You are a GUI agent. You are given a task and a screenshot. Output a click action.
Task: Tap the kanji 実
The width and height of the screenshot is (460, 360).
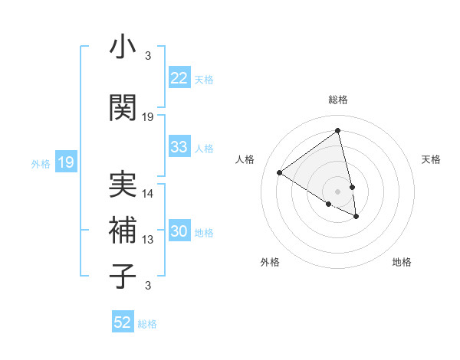[122, 185]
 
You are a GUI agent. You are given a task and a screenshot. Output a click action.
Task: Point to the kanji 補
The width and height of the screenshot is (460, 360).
[122, 231]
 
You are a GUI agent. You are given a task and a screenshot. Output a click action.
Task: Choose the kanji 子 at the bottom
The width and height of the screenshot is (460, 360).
[122, 276]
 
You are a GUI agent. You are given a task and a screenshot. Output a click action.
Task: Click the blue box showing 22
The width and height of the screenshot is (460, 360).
[179, 78]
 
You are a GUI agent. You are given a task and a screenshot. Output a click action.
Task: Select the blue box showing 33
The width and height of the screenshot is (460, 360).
[179, 147]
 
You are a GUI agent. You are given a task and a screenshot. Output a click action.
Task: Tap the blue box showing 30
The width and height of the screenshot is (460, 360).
[179, 232]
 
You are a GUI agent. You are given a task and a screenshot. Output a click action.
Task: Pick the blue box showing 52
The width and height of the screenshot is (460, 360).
[123, 322]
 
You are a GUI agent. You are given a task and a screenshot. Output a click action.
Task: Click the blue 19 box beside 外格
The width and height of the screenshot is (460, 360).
[65, 162]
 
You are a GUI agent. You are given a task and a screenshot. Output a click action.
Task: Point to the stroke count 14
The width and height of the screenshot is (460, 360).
[148, 194]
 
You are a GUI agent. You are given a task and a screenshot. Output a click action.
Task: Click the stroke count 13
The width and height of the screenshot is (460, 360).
[148, 240]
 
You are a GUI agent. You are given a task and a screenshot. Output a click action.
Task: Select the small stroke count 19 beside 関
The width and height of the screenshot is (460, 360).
[148, 116]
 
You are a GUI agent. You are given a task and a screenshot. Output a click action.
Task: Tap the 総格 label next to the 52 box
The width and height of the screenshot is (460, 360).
[147, 324]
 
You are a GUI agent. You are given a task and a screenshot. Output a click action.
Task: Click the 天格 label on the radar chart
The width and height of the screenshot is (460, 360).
[431, 159]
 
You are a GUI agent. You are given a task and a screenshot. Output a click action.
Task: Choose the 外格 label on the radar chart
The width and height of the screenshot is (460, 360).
[270, 262]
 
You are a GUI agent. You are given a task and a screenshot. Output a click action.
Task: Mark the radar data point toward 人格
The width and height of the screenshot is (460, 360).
[280, 172]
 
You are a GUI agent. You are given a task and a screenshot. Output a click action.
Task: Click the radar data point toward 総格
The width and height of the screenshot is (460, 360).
[337, 131]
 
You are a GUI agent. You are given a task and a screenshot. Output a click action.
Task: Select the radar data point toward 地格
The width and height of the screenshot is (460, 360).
[356, 217]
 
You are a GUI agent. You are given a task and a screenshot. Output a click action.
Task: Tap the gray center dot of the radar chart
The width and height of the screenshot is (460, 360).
[337, 191]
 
